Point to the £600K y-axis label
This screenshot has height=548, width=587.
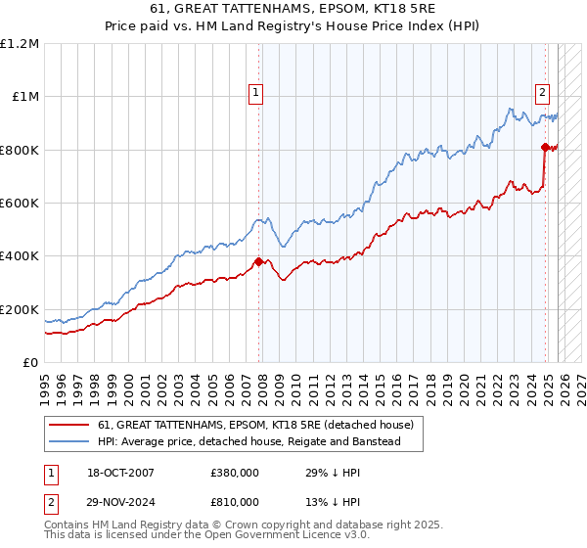point(20,204)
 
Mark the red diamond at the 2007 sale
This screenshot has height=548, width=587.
point(259,261)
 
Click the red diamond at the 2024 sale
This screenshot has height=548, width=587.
point(545,147)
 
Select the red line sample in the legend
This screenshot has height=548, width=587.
point(68,426)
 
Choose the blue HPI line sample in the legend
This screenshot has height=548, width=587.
point(68,442)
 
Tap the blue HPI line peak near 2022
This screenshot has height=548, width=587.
point(512,109)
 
